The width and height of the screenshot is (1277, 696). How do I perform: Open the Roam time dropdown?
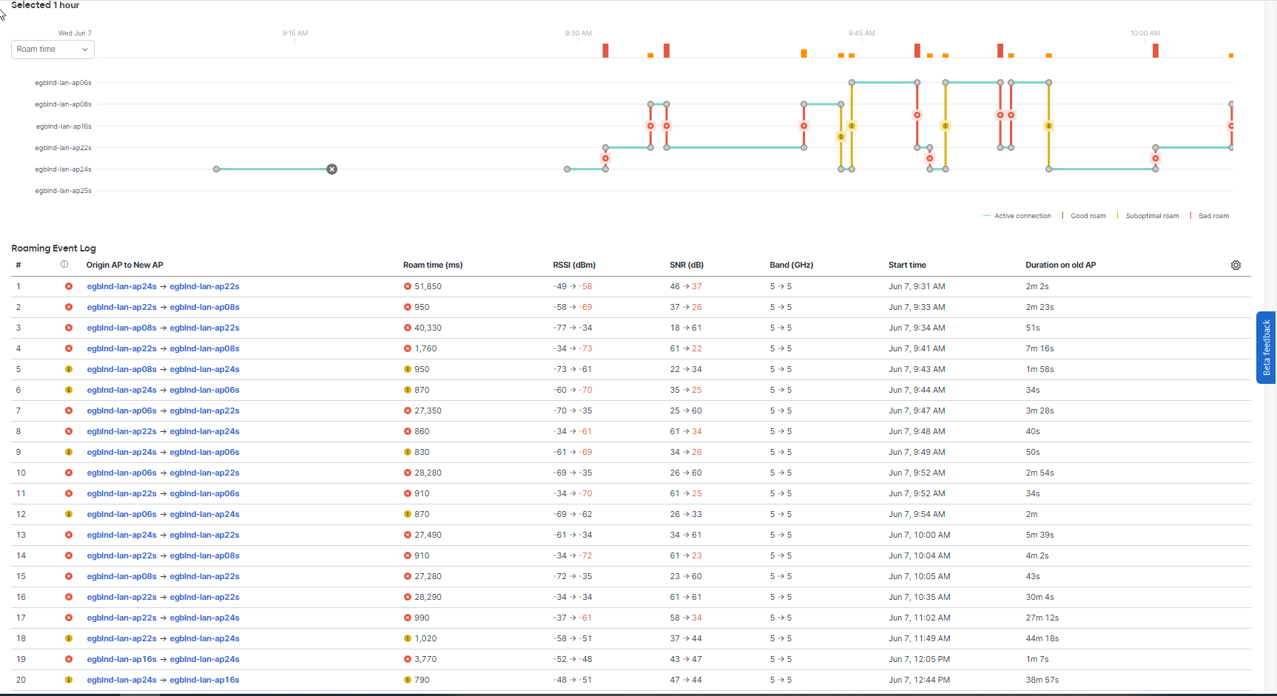pyautogui.click(x=53, y=50)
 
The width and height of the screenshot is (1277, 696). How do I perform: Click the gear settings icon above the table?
pyautogui.click(x=1236, y=266)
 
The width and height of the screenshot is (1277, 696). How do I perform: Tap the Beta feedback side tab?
pyautogui.click(x=1266, y=347)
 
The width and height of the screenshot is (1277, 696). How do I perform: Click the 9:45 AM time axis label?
pyautogui.click(x=861, y=33)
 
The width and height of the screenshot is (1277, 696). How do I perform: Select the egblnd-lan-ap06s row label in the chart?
pyautogui.click(x=63, y=83)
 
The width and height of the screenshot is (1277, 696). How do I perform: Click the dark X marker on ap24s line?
pyautogui.click(x=332, y=169)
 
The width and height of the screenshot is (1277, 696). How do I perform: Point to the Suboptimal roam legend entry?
pyautogui.click(x=1152, y=216)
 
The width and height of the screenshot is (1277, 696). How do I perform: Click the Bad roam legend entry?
pyautogui.click(x=1213, y=216)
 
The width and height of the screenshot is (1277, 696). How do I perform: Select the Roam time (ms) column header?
pyautogui.click(x=433, y=265)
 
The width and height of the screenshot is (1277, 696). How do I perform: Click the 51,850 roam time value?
pyautogui.click(x=428, y=286)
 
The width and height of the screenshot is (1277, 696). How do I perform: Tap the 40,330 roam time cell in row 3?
pyautogui.click(x=428, y=328)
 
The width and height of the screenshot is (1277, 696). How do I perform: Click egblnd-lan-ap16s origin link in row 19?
pyautogui.click(x=121, y=659)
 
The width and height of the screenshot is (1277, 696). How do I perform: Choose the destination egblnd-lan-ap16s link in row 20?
pyautogui.click(x=204, y=680)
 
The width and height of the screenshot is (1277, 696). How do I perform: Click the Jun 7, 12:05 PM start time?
pyautogui.click(x=919, y=659)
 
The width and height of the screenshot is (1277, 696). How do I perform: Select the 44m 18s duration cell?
pyautogui.click(x=1042, y=638)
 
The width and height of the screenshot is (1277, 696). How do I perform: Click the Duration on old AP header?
pyautogui.click(x=1060, y=265)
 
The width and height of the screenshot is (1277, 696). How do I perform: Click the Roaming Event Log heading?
pyautogui.click(x=53, y=249)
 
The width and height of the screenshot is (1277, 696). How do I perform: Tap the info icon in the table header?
pyautogui.click(x=64, y=264)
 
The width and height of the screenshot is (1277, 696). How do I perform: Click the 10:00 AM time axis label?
pyautogui.click(x=1145, y=33)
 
